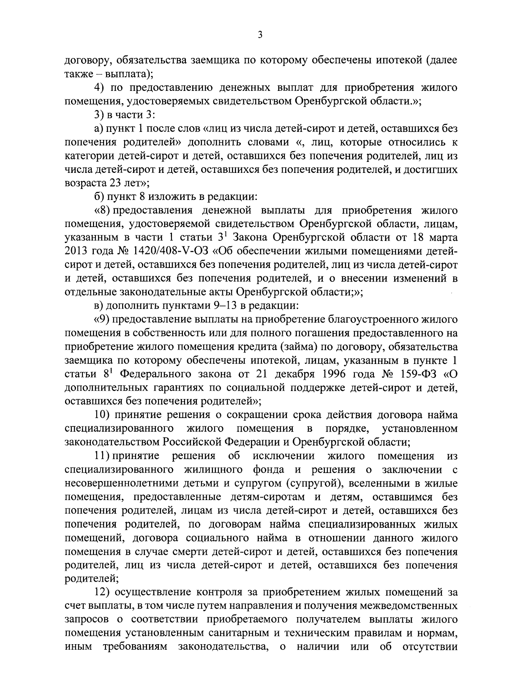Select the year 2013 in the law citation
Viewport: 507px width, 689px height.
pyautogui.click(x=76, y=251)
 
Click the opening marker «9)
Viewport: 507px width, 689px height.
pyautogui.click(x=101, y=319)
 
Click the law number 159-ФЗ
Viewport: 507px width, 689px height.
pyautogui.click(x=418, y=374)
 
